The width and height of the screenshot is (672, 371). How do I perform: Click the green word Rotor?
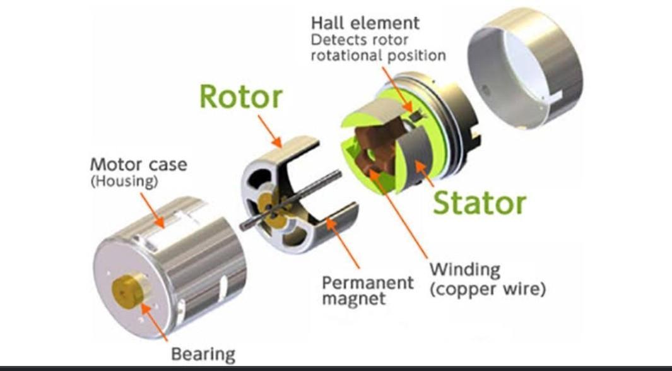point(241,96)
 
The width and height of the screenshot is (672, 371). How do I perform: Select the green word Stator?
point(480,203)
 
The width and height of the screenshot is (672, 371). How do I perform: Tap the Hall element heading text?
point(365,23)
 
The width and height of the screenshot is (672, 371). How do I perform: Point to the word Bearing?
point(203,355)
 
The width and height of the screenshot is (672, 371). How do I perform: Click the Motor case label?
point(138,165)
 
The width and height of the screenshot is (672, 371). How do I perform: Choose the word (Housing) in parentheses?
point(124,181)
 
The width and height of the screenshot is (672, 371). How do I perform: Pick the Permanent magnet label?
point(368,290)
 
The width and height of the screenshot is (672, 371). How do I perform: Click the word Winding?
point(465,270)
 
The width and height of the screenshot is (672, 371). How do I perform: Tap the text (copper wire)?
point(488,289)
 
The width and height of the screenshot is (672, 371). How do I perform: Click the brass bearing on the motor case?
point(128,290)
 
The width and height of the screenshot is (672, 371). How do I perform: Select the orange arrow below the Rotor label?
point(269,131)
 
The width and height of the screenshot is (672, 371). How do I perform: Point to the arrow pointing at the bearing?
point(155,322)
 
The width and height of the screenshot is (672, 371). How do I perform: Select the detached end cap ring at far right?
point(524,68)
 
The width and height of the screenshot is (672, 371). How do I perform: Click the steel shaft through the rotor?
point(291,200)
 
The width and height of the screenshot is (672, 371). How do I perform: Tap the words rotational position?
point(378,56)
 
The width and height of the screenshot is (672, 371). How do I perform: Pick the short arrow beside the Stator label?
point(425,174)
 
